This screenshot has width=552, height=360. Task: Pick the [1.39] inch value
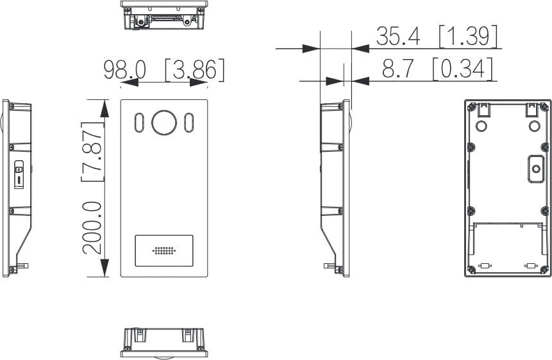(x=468, y=37)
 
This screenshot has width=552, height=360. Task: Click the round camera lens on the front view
(x=163, y=122)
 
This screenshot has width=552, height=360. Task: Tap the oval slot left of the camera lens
(x=138, y=123)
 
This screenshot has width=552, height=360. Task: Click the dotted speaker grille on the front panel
(x=163, y=250)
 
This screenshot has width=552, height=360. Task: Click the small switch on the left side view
(x=19, y=173)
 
